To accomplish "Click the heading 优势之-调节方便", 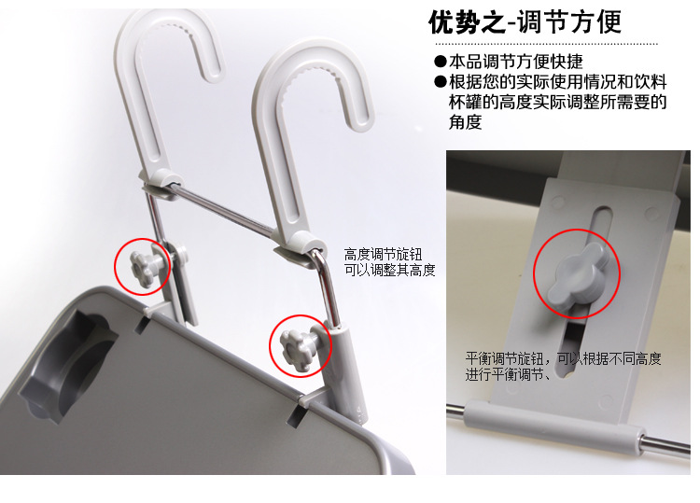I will (x=525, y=21).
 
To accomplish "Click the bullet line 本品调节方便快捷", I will (x=515, y=62).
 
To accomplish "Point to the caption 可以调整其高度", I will (x=390, y=271).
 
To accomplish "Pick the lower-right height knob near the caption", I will (x=301, y=346).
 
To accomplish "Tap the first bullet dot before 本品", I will (x=440, y=62).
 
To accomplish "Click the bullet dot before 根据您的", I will (x=440, y=82).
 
